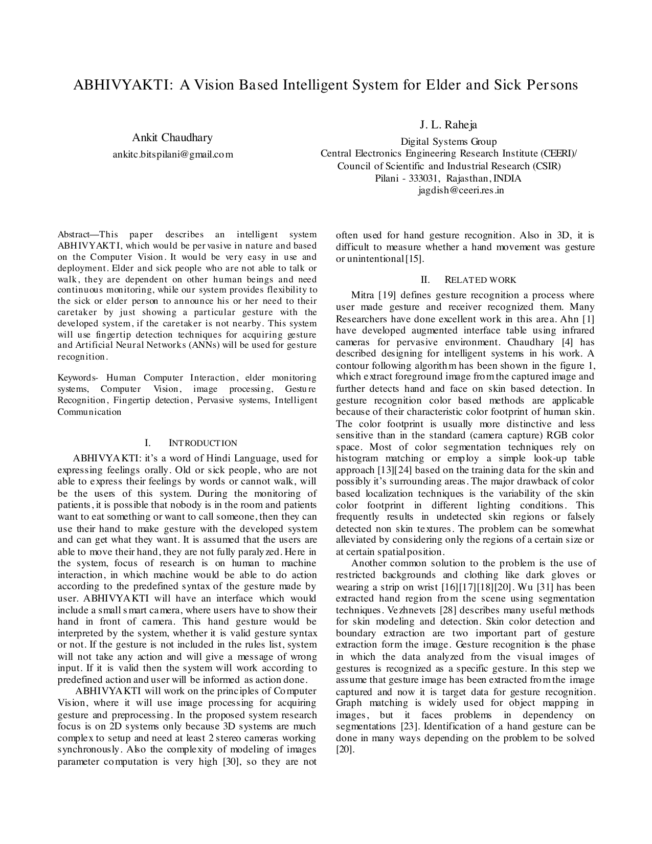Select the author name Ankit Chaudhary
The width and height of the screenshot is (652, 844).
click(172, 138)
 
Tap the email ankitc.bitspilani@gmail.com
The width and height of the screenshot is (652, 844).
click(172, 154)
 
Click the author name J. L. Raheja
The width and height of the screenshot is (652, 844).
click(448, 125)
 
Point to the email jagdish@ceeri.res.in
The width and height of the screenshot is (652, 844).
click(461, 190)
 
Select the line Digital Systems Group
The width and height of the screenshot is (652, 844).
click(448, 142)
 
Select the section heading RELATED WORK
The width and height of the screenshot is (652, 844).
click(481, 280)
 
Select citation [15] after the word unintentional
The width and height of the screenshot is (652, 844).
click(415, 259)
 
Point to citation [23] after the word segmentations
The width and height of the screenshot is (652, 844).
click(409, 726)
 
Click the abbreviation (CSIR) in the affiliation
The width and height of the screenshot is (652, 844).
click(546, 166)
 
